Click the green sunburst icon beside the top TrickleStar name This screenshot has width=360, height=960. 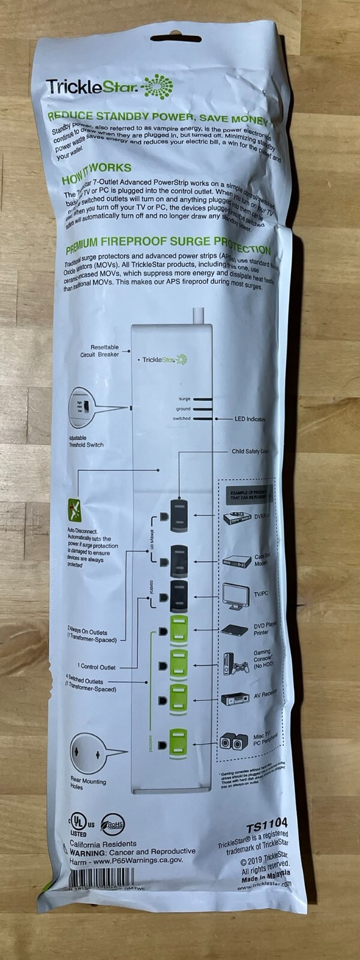click(158, 87)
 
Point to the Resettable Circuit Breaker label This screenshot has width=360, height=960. click(101, 351)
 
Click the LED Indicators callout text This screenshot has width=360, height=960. click(250, 419)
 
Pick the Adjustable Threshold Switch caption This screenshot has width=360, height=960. click(86, 442)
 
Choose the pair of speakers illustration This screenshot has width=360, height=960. click(233, 740)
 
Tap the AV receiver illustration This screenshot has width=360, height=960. click(236, 699)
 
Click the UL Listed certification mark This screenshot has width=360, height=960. click(79, 824)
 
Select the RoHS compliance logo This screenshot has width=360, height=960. click(113, 824)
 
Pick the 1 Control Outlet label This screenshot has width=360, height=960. click(97, 667)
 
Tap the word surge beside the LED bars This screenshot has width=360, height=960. click(184, 399)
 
